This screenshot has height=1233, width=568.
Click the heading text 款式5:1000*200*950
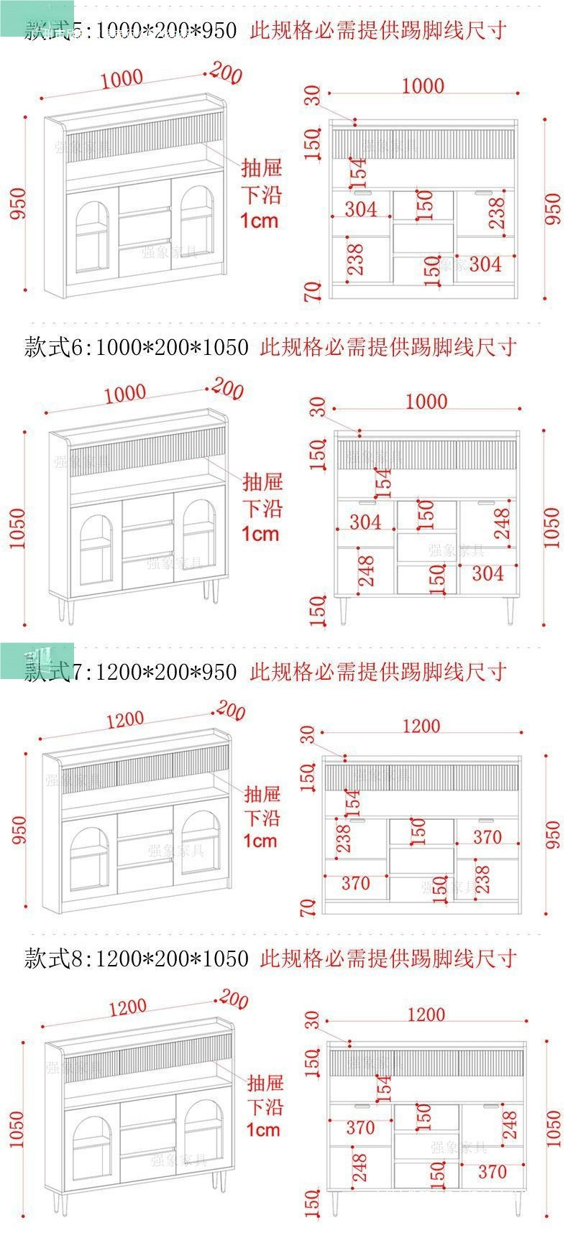click(130, 30)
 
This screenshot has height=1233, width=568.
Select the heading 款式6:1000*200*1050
click(137, 348)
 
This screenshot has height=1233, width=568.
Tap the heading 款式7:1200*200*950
click(130, 672)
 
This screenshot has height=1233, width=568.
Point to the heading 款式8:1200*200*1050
click(137, 959)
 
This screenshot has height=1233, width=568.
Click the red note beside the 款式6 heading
click(388, 348)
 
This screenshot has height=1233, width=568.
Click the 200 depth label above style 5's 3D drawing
click(227, 73)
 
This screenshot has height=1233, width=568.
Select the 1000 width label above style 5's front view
click(423, 86)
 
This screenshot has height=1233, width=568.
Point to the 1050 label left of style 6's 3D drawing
click(17, 528)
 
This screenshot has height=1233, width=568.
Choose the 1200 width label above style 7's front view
click(421, 726)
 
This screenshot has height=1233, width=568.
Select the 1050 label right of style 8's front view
click(553, 1128)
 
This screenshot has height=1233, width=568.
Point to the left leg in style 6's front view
click(344, 610)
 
